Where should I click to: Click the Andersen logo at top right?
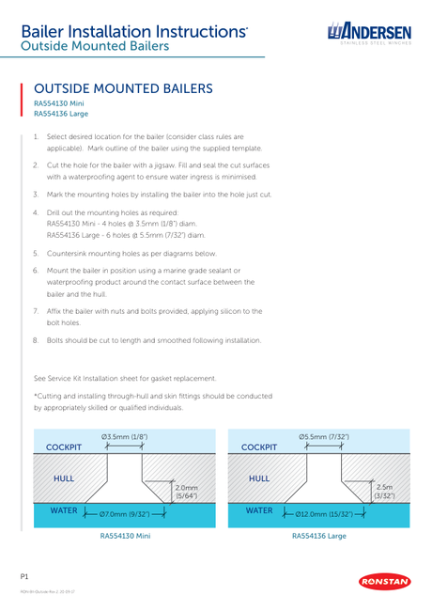pyautogui.click(x=369, y=34)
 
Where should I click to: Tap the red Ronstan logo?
pyautogui.click(x=384, y=582)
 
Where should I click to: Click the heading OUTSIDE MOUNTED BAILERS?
pyautogui.click(x=123, y=88)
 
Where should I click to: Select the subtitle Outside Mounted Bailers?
pyautogui.click(x=95, y=46)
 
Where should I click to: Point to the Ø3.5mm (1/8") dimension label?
pyautogui.click(x=125, y=437)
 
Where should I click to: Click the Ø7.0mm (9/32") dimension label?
pyautogui.click(x=125, y=514)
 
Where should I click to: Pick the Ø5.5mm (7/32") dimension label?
pyautogui.click(x=324, y=437)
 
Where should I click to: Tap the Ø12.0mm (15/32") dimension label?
pyautogui.click(x=324, y=514)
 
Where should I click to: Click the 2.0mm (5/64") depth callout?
pyautogui.click(x=187, y=492)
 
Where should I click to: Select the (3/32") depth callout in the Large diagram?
pyautogui.click(x=384, y=496)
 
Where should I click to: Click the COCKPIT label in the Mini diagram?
pyautogui.click(x=64, y=447)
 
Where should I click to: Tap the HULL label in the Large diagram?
pyautogui.click(x=259, y=478)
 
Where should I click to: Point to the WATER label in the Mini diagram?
pyautogui.click(x=64, y=510)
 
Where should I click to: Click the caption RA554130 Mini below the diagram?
pyautogui.click(x=125, y=536)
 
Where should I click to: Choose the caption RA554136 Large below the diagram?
pyautogui.click(x=319, y=536)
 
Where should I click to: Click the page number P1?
pyautogui.click(x=24, y=577)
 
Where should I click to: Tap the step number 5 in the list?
pyautogui.click(x=36, y=253)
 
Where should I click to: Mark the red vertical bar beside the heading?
pyautogui.click(x=22, y=100)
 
